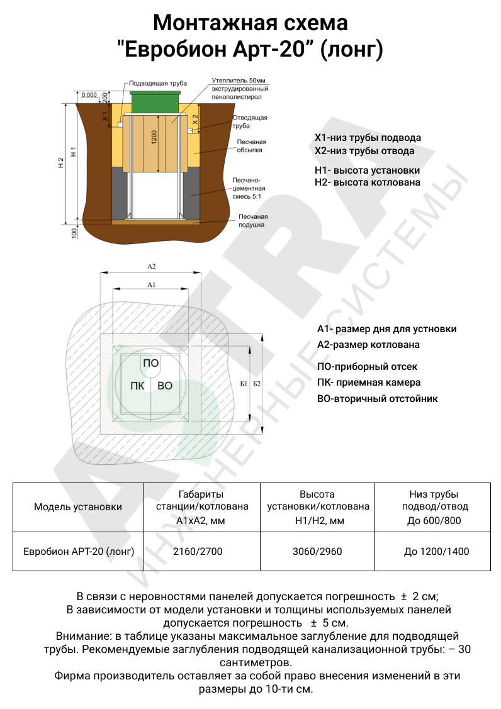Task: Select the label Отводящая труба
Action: (250, 121)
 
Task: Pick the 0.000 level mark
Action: (89, 94)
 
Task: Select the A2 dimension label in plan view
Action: (151, 267)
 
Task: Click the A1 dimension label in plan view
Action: (151, 285)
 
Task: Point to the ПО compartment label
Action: (151, 363)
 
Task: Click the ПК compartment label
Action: (137, 386)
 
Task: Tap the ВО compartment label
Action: (165, 386)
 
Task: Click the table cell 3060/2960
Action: (318, 552)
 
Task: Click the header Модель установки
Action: (78, 507)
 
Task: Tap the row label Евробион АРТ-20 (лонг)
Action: (79, 552)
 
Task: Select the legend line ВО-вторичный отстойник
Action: (378, 398)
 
